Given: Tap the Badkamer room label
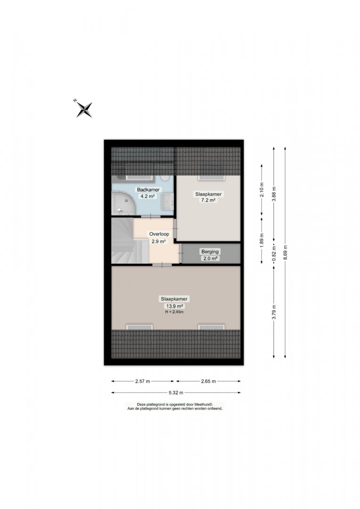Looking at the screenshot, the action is (148, 189).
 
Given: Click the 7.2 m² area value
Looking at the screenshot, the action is (208, 200).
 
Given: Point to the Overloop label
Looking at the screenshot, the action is (159, 234).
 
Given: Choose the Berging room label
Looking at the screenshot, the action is (210, 252).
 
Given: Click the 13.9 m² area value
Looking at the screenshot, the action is (174, 306).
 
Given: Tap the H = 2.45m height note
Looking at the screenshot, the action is (174, 312).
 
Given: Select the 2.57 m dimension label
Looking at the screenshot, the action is (142, 381).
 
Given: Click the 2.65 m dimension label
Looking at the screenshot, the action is (208, 381).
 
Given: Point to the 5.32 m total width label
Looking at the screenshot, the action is (176, 393).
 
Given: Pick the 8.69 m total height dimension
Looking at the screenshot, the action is (285, 253).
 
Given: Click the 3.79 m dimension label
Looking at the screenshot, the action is (274, 312).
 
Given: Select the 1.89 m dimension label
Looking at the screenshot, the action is (262, 240).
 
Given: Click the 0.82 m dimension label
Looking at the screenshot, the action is (274, 254).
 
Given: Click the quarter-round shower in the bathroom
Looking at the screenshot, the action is (122, 203).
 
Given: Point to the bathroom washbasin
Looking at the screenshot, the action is (168, 202).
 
